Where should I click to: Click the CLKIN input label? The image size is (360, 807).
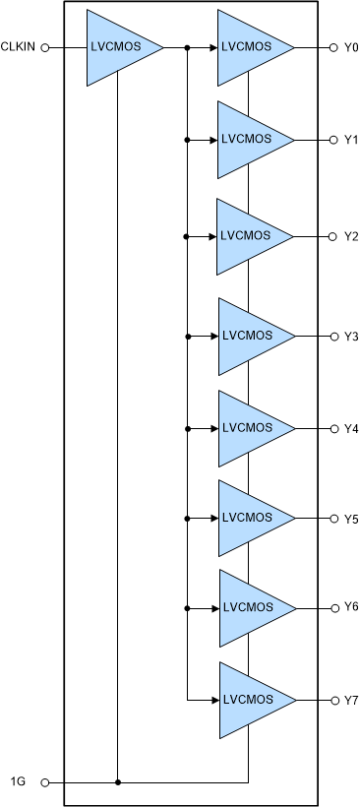click(20, 46)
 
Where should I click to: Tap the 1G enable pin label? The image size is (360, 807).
click(18, 782)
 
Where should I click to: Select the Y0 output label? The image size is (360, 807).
click(351, 47)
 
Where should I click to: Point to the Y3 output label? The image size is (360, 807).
click(351, 337)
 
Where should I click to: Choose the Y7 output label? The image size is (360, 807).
click(351, 700)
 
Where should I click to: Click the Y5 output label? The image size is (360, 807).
click(351, 519)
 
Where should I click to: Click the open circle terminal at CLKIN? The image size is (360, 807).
click(44, 46)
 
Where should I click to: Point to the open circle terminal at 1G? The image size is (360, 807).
click(44, 782)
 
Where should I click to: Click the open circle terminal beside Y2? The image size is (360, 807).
click(332, 236)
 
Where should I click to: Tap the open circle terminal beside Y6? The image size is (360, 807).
click(332, 607)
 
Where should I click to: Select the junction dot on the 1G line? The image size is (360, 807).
click(117, 782)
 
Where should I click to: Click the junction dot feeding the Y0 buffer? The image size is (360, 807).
click(186, 46)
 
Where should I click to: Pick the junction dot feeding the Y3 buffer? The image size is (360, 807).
click(186, 337)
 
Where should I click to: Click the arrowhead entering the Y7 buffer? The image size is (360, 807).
click(212, 700)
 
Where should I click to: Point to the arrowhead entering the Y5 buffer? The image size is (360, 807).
click(212, 519)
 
